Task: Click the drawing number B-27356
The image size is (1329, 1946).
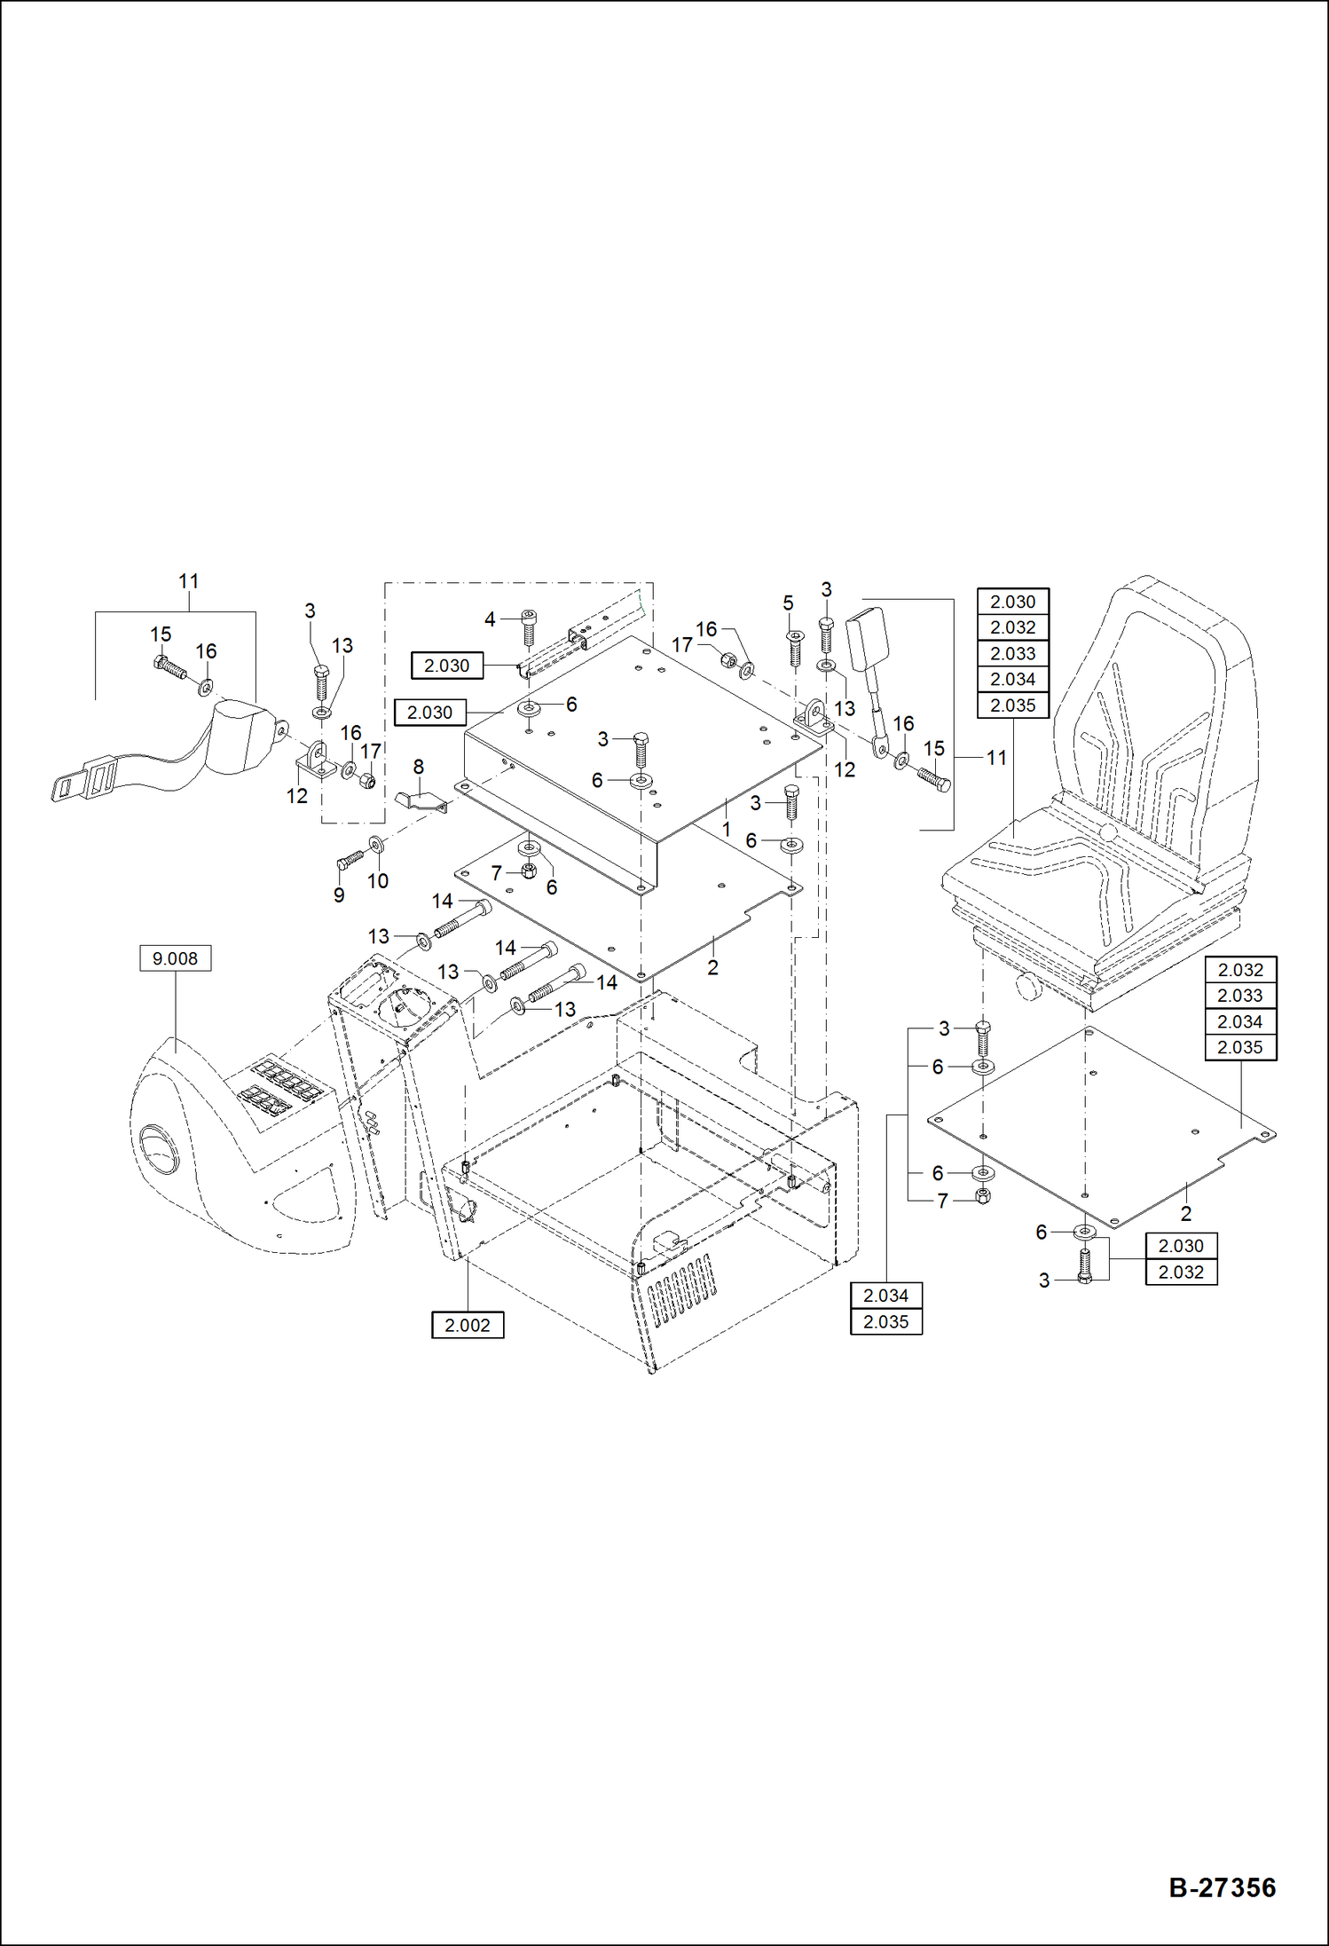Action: pos(1222,1887)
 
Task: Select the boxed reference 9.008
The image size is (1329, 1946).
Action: pos(175,958)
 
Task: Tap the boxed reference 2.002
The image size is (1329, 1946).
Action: pos(467,1325)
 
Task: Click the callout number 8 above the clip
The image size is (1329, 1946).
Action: pos(418,766)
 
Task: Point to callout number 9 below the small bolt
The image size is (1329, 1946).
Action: pos(339,895)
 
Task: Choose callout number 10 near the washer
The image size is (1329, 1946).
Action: pos(378,881)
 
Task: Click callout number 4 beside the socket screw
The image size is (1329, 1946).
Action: pos(490,619)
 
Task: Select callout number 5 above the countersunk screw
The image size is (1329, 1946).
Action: pos(788,603)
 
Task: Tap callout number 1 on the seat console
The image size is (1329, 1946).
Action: pos(727,829)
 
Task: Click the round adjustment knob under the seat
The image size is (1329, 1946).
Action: pos(1028,986)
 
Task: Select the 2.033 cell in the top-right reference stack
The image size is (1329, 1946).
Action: pos(1012,653)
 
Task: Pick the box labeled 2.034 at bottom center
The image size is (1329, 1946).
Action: pos(885,1296)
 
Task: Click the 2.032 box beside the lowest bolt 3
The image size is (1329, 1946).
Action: pos(1181,1272)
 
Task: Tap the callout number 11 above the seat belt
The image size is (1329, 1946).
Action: pos(188,581)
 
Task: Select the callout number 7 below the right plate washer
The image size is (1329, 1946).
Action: pos(943,1201)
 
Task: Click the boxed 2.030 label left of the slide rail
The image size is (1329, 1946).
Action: pos(446,666)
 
